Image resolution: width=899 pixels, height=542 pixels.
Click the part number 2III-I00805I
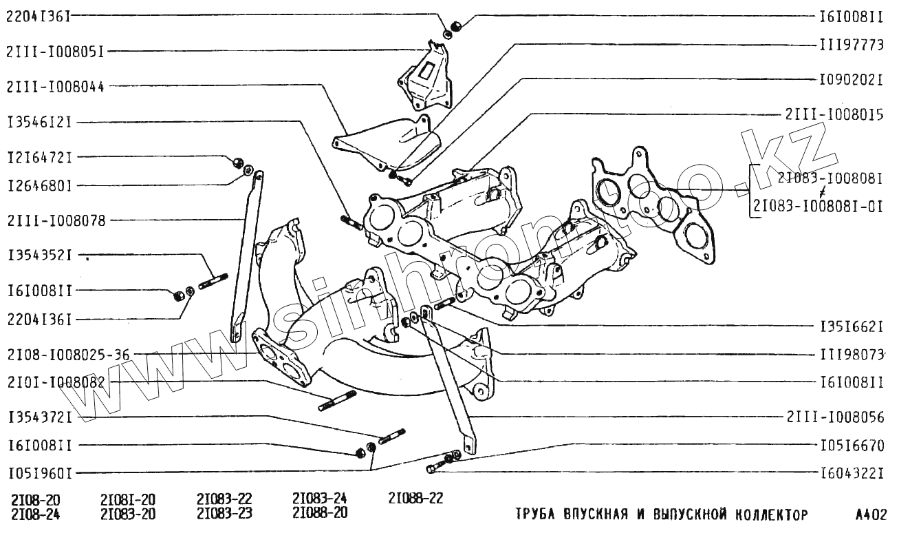pyautogui.click(x=57, y=51)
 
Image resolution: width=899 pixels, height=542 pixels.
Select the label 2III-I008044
pyautogui.click(x=57, y=87)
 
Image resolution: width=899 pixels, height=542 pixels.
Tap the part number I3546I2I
pyautogui.click(x=40, y=123)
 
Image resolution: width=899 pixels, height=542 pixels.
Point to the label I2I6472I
pyautogui.click(x=40, y=157)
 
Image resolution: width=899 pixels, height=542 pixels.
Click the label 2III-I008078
pyautogui.click(x=57, y=221)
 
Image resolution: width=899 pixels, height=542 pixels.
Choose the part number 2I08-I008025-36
pyautogui.click(x=69, y=355)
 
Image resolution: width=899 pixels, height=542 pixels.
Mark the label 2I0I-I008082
pyautogui.click(x=57, y=382)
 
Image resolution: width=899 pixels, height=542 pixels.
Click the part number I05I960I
pyautogui.click(x=40, y=474)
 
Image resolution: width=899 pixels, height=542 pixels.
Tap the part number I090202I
pyautogui.click(x=851, y=80)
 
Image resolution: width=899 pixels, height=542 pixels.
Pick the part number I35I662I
pyautogui.click(x=851, y=325)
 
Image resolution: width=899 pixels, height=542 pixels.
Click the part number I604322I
pyautogui.click(x=851, y=473)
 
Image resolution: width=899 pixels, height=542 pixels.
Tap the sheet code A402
pyautogui.click(x=870, y=514)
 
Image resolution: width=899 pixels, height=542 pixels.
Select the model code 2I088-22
pyautogui.click(x=415, y=499)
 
